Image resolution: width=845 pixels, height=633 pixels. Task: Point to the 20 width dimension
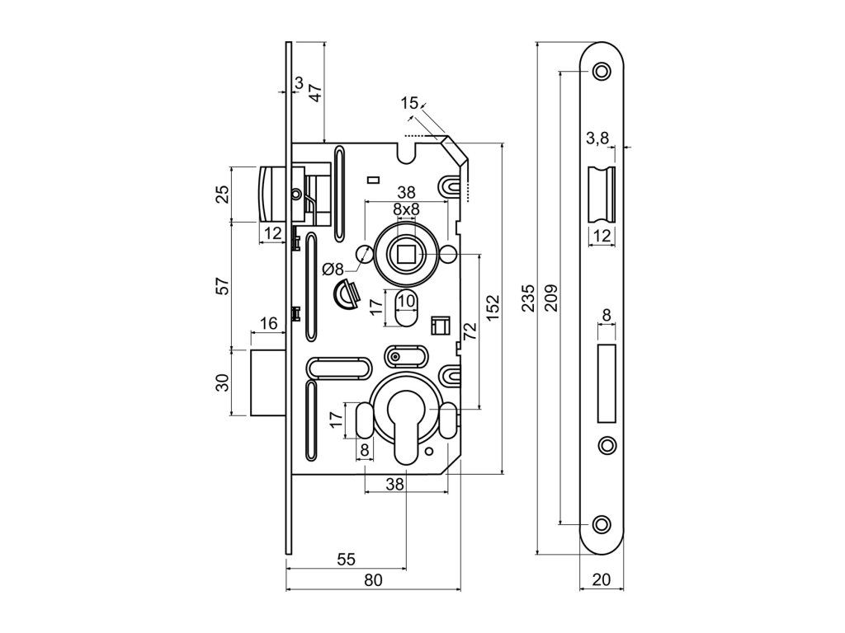tap(602, 579)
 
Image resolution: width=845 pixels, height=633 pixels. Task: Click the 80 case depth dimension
tap(373, 579)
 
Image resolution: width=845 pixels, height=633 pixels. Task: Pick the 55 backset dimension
tap(346, 560)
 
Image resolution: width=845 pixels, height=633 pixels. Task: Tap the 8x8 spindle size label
tap(406, 209)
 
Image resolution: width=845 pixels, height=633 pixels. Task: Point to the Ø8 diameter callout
tap(333, 268)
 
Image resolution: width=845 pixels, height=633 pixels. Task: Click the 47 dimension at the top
tap(314, 91)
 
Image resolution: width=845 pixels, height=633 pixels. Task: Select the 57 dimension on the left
tap(222, 285)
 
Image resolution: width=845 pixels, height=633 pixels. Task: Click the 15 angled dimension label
tap(409, 103)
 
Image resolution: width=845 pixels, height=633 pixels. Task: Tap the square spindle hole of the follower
tap(406, 255)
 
